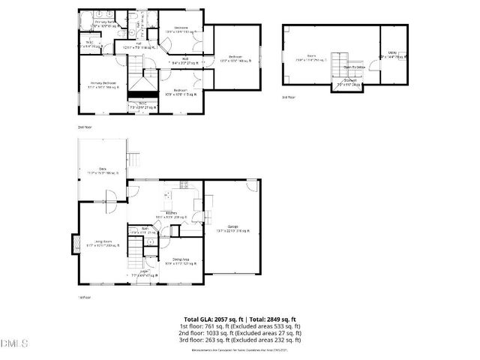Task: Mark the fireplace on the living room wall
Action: [x=75, y=244]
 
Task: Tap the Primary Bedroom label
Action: [x=103, y=85]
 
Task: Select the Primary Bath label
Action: [x=104, y=23]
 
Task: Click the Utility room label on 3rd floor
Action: [x=392, y=54]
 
